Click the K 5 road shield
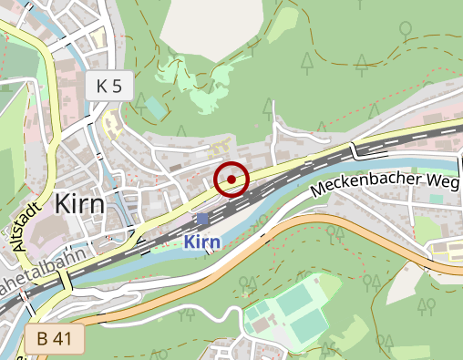click(x=109, y=87)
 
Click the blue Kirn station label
click(x=201, y=242)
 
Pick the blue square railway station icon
click(x=202, y=220)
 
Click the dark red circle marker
click(x=232, y=180)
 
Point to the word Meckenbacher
click(x=367, y=181)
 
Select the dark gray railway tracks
click(x=301, y=173)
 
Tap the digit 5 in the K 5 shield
click(x=118, y=87)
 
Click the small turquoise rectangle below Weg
click(x=436, y=198)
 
